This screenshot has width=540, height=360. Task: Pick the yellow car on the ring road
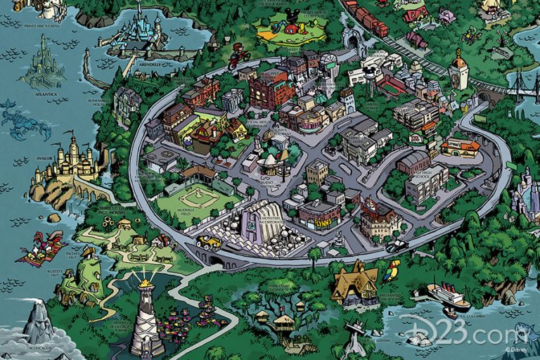click(x=208, y=241)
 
